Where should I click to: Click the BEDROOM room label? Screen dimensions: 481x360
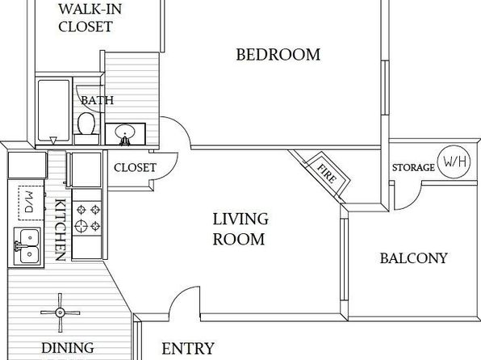pos(278,55)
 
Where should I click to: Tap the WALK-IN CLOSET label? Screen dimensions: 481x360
pos(90,18)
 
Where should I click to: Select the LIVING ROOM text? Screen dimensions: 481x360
pos(240,229)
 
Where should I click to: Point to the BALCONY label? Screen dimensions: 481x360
pos(413,258)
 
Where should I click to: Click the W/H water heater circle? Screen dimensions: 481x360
pos(454,161)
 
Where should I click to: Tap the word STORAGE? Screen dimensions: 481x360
pos(413,168)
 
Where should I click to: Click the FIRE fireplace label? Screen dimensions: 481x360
pos(327,173)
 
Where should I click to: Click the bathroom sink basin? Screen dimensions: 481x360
pos(124,132)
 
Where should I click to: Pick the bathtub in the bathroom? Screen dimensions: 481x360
pos(54,110)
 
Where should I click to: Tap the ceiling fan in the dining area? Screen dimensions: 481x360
pos(60,312)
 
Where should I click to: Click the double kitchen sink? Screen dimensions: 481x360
pos(27,246)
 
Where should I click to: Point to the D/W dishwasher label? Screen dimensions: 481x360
pos(29,203)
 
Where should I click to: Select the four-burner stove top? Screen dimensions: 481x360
pos(87,217)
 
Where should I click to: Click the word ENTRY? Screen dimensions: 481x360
pos(188,349)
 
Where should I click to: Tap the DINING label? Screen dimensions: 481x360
pos(68,348)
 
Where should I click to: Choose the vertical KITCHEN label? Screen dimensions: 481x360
pos(60,229)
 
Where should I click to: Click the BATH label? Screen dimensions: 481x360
pos(97,100)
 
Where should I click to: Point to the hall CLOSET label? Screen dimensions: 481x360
pos(135,168)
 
